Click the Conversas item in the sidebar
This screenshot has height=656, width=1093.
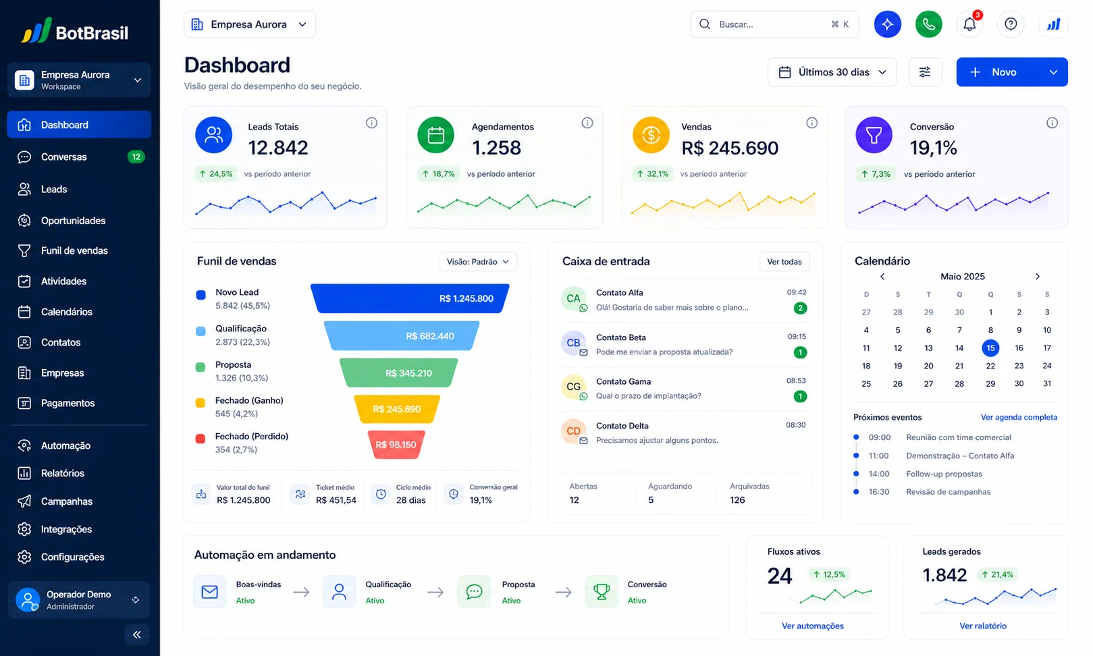coord(79,157)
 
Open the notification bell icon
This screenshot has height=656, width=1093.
coord(969,24)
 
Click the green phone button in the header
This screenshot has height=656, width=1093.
coord(928,24)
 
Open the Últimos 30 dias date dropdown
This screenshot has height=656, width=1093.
coord(832,72)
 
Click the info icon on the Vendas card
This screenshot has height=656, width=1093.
coord(811,123)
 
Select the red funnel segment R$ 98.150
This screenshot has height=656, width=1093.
coord(396,444)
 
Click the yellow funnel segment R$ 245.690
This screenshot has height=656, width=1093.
coord(397,409)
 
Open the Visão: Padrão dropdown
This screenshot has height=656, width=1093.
coord(478,261)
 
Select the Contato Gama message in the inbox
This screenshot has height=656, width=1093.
coord(684,388)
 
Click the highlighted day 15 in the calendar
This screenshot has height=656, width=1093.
coord(990,348)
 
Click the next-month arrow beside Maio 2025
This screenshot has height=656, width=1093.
coord(1038,277)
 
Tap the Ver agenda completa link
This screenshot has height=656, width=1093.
coord(1019,417)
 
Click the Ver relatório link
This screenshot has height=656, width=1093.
coord(983,626)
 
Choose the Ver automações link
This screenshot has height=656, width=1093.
coord(812,626)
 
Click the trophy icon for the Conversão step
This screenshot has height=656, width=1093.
coord(601,592)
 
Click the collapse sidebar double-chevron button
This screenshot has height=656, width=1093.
coord(136,634)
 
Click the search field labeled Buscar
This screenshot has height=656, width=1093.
coord(774,24)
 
